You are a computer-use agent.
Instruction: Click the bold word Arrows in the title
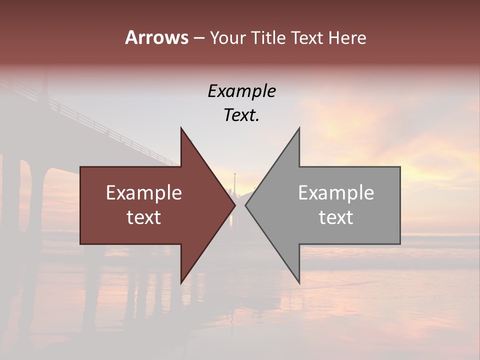(x=156, y=37)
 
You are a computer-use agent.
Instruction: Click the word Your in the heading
(x=227, y=37)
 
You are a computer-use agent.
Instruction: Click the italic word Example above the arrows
(x=241, y=91)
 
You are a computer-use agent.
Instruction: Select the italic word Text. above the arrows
(x=241, y=115)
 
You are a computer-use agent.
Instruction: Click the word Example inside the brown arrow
(x=144, y=193)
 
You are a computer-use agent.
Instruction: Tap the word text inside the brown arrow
(x=144, y=217)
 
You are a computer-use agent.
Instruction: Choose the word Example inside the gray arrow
(x=336, y=193)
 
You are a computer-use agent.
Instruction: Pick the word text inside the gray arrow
(x=336, y=217)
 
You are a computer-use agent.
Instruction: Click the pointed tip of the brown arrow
(x=234, y=205)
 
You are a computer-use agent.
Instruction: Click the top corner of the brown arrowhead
(x=181, y=129)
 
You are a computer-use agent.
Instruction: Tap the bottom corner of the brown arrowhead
(x=181, y=282)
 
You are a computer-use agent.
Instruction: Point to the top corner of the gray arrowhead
(x=299, y=129)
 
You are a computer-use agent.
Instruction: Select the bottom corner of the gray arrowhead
(x=299, y=282)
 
